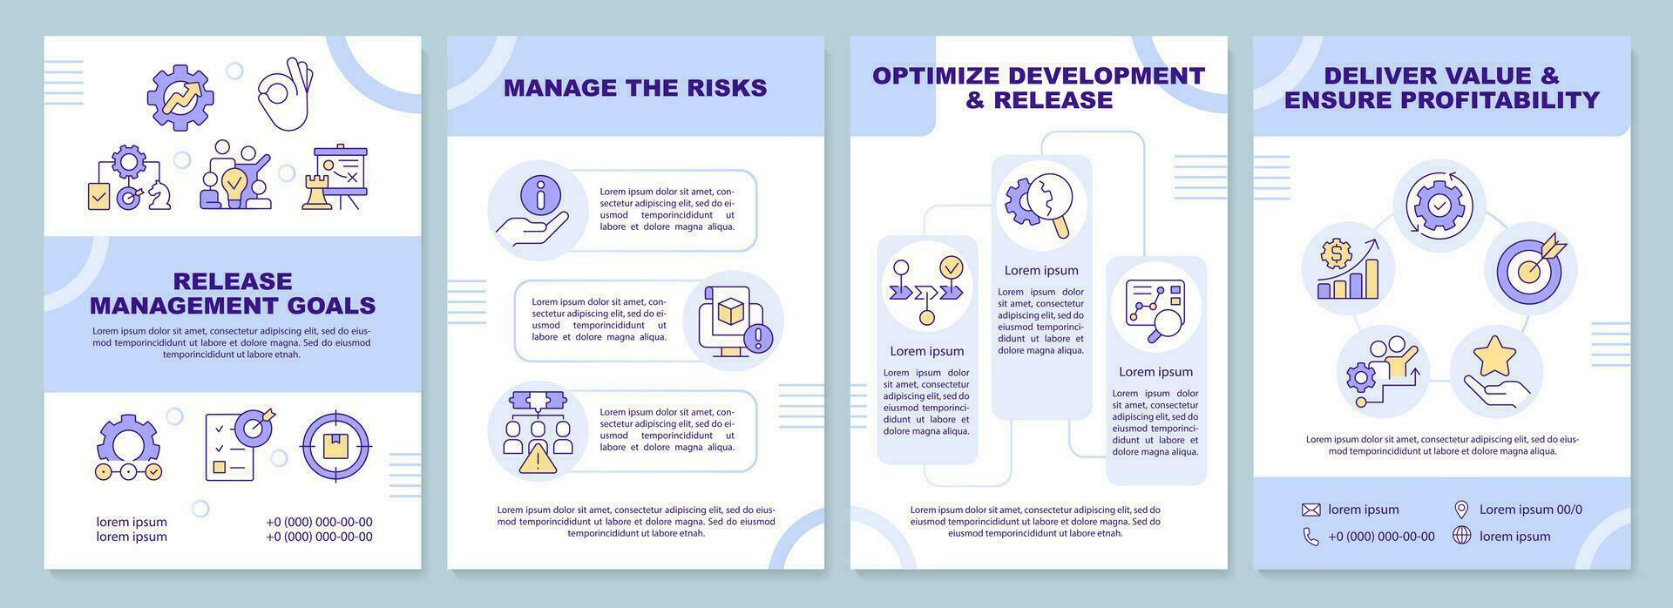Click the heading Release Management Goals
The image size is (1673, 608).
click(233, 293)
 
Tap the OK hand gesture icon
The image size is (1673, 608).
click(286, 94)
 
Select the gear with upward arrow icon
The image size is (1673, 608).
click(180, 97)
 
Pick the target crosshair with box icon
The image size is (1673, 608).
click(335, 447)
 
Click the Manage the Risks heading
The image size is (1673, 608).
click(635, 87)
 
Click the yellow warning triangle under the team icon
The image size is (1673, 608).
click(537, 459)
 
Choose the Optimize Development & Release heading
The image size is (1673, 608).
click(1039, 87)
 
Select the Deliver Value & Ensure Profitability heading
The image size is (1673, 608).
click(1441, 87)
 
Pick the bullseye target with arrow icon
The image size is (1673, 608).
click(1531, 267)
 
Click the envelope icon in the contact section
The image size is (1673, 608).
click(1311, 510)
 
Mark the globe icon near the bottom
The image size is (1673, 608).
click(1461, 536)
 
